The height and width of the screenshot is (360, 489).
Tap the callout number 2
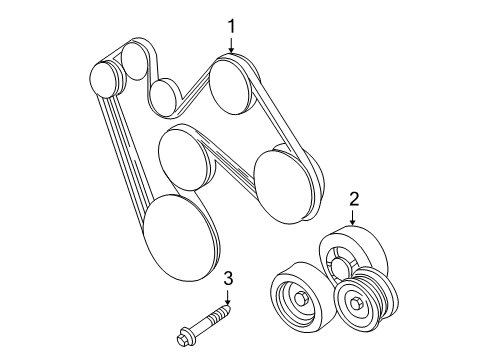click(353, 199)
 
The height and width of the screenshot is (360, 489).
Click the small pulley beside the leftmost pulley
click(137, 63)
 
